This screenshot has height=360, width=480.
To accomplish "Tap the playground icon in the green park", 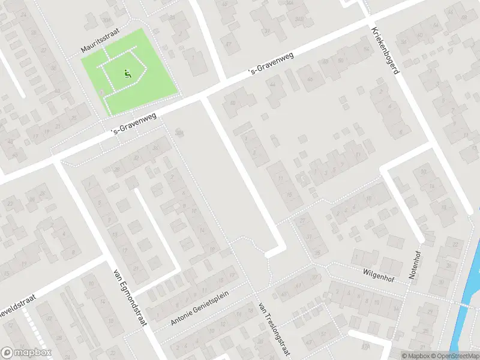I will point(127,74).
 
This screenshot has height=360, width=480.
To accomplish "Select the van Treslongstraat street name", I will point(274,329).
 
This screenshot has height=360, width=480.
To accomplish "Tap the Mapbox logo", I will point(26,353).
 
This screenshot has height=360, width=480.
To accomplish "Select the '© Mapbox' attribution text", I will point(415,356).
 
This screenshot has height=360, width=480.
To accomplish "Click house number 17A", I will point(365,347).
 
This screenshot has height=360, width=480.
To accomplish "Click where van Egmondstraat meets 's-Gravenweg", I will point(59,161).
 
